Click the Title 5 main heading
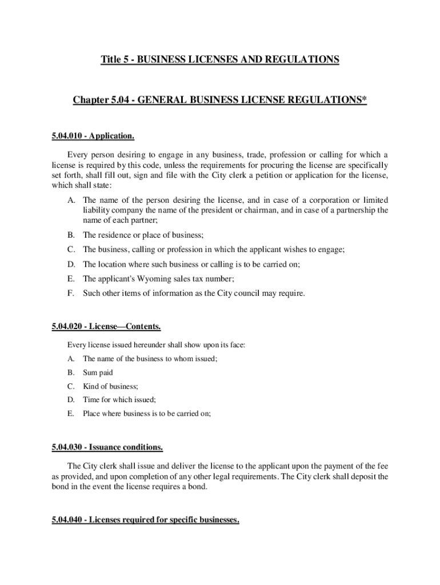tap(220, 59)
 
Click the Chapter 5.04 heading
tap(219, 101)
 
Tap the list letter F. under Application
tap(71, 294)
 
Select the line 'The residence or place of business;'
tap(143, 235)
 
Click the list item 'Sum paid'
tap(98, 372)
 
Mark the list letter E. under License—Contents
tap(71, 414)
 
